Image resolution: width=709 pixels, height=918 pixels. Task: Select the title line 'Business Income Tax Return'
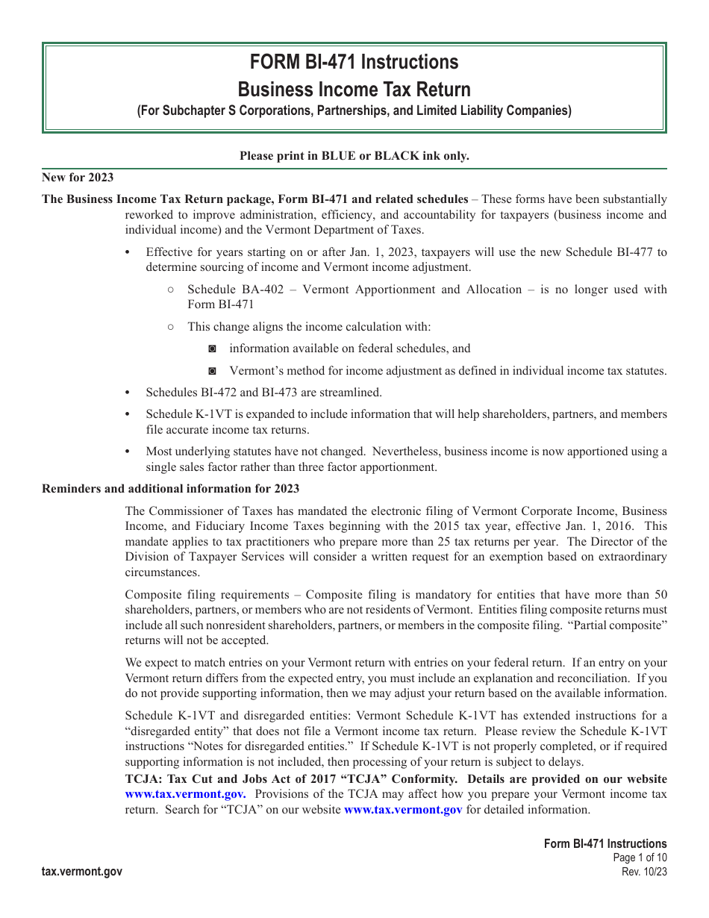pos(354,90)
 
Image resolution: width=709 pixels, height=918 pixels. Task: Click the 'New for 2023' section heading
pos(78,177)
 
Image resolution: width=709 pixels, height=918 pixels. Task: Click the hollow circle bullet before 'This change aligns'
pos(171,326)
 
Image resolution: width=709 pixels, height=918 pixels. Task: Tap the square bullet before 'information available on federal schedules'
pos(213,349)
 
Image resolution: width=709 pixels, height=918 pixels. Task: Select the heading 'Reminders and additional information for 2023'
pos(171,488)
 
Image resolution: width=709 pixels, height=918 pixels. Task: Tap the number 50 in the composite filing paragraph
pos(660,595)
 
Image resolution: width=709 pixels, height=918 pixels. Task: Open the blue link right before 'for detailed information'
pos(403,810)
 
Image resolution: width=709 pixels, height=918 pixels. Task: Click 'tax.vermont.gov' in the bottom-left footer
pos(82,871)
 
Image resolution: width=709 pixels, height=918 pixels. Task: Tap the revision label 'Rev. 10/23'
pos(644,872)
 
